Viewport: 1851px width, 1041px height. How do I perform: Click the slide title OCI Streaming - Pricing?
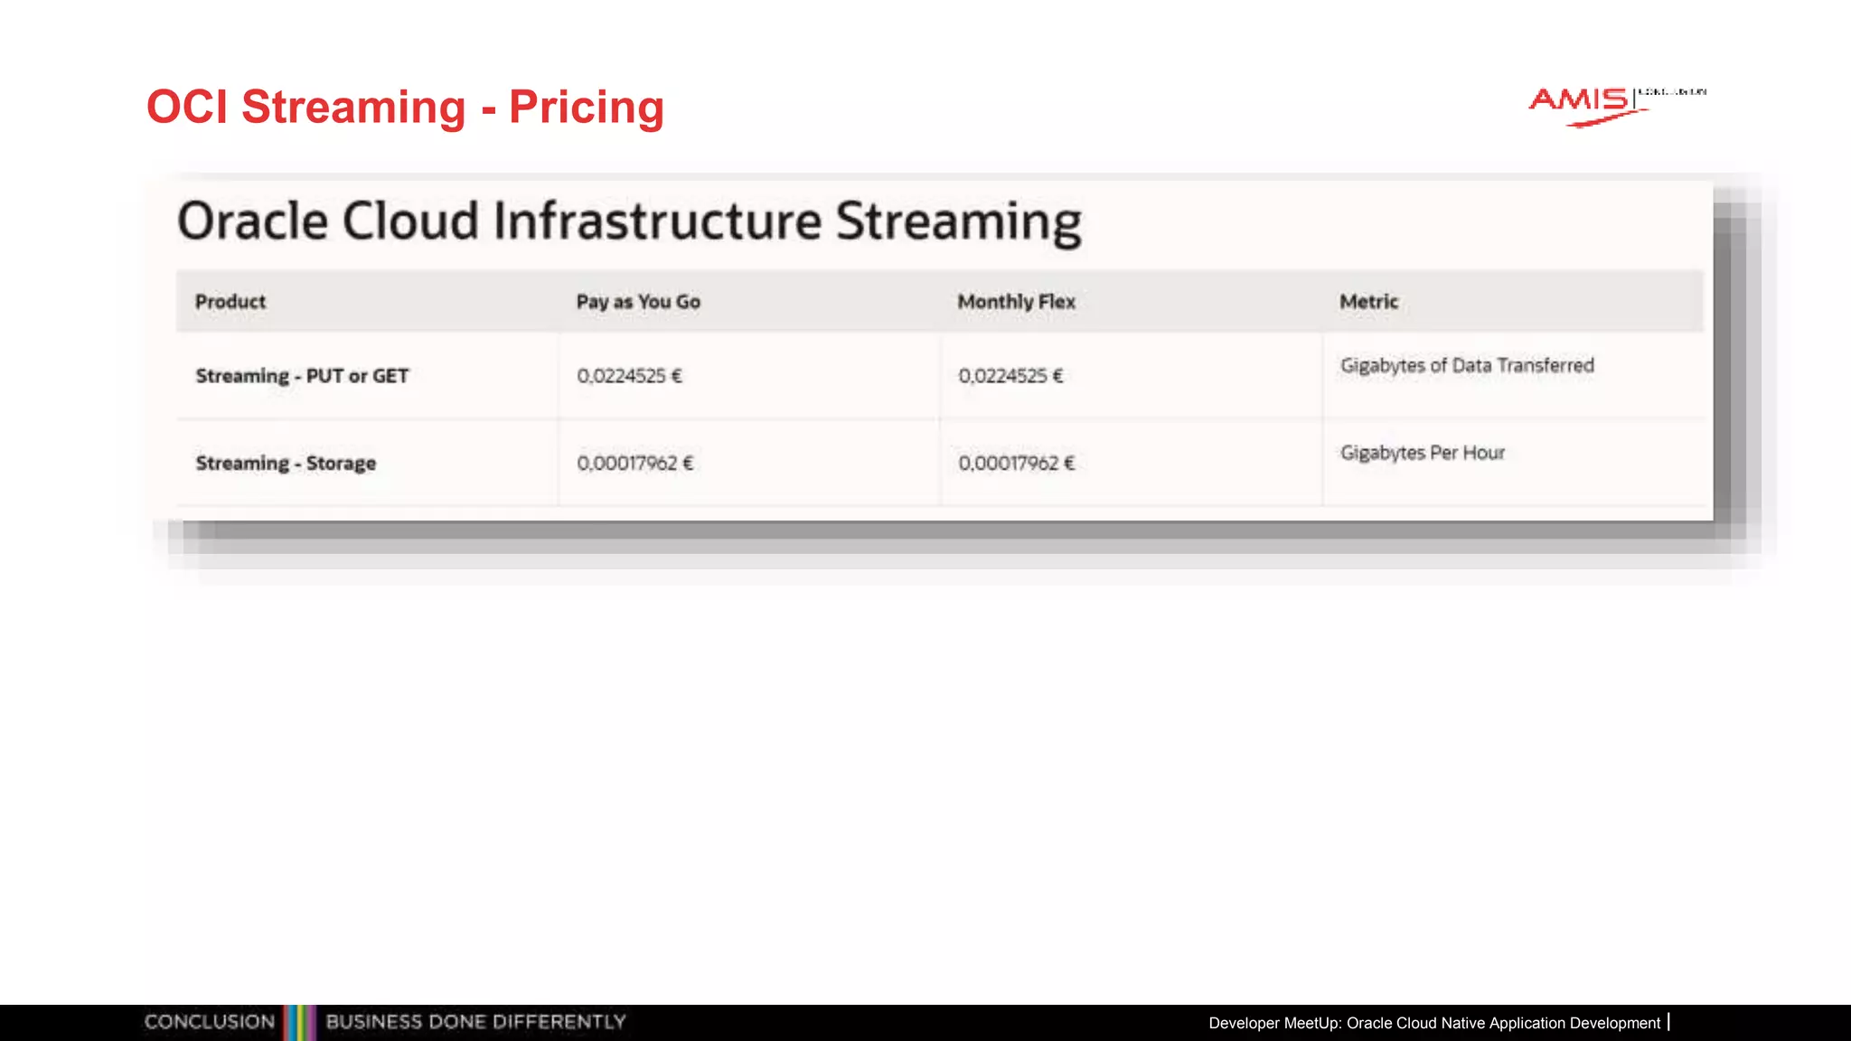(405, 108)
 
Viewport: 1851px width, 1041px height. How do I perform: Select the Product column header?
(230, 302)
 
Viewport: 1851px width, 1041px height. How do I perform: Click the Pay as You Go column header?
(638, 302)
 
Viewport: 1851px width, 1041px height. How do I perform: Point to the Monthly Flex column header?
(1016, 302)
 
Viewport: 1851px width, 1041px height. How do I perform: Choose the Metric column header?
(1368, 302)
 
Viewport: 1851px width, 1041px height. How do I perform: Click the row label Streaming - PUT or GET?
(302, 376)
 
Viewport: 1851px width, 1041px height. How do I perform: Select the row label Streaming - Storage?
(286, 464)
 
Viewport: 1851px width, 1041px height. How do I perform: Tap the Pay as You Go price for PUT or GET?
(629, 376)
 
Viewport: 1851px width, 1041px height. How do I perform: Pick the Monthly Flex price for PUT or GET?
(1010, 376)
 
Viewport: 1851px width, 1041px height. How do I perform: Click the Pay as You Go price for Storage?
(634, 464)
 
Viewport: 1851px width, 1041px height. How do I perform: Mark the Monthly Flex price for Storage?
(1016, 464)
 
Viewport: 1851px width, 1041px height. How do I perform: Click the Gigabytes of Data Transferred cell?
(1467, 366)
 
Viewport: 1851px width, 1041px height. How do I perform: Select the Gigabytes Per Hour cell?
(1423, 453)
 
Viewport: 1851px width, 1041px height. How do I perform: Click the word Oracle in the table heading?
(252, 221)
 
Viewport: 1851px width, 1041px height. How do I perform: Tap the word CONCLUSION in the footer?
(210, 1022)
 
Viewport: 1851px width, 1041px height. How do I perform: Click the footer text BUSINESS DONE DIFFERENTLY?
(475, 1022)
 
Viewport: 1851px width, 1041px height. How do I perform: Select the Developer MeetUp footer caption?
(1434, 1023)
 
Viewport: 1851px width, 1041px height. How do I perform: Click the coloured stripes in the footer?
(299, 1022)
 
